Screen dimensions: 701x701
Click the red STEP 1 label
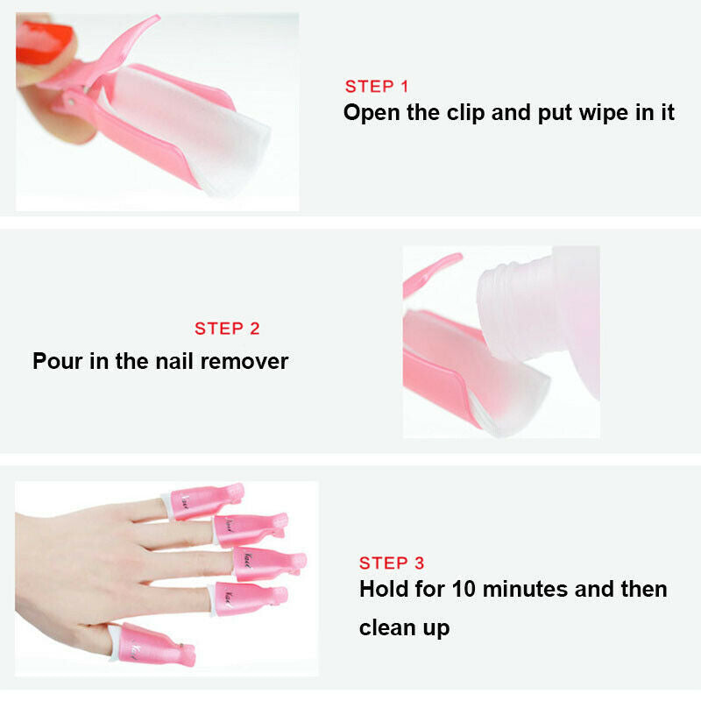pyautogui.click(x=377, y=86)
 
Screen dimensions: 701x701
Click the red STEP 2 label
pyautogui.click(x=227, y=329)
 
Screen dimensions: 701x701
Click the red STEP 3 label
pyautogui.click(x=392, y=563)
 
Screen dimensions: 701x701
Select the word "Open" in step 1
pyautogui.click(x=372, y=113)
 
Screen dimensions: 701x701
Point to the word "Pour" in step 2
pyautogui.click(x=58, y=361)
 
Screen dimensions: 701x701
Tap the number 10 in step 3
pyautogui.click(x=464, y=589)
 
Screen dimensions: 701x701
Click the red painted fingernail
pyautogui.click(x=44, y=43)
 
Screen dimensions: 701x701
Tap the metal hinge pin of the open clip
pyautogui.click(x=71, y=103)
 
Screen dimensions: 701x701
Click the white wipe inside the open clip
pyautogui.click(x=188, y=130)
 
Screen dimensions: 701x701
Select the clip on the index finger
pyautogui.click(x=249, y=599)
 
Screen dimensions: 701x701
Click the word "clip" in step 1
pyautogui.click(x=465, y=113)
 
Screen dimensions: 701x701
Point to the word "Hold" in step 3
pyautogui.click(x=384, y=589)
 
